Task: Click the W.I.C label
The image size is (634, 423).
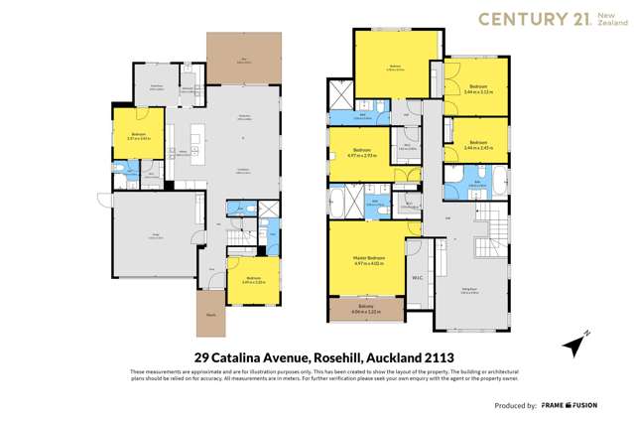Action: tap(418, 278)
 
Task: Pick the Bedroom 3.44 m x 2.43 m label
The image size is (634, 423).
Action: tap(477, 143)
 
